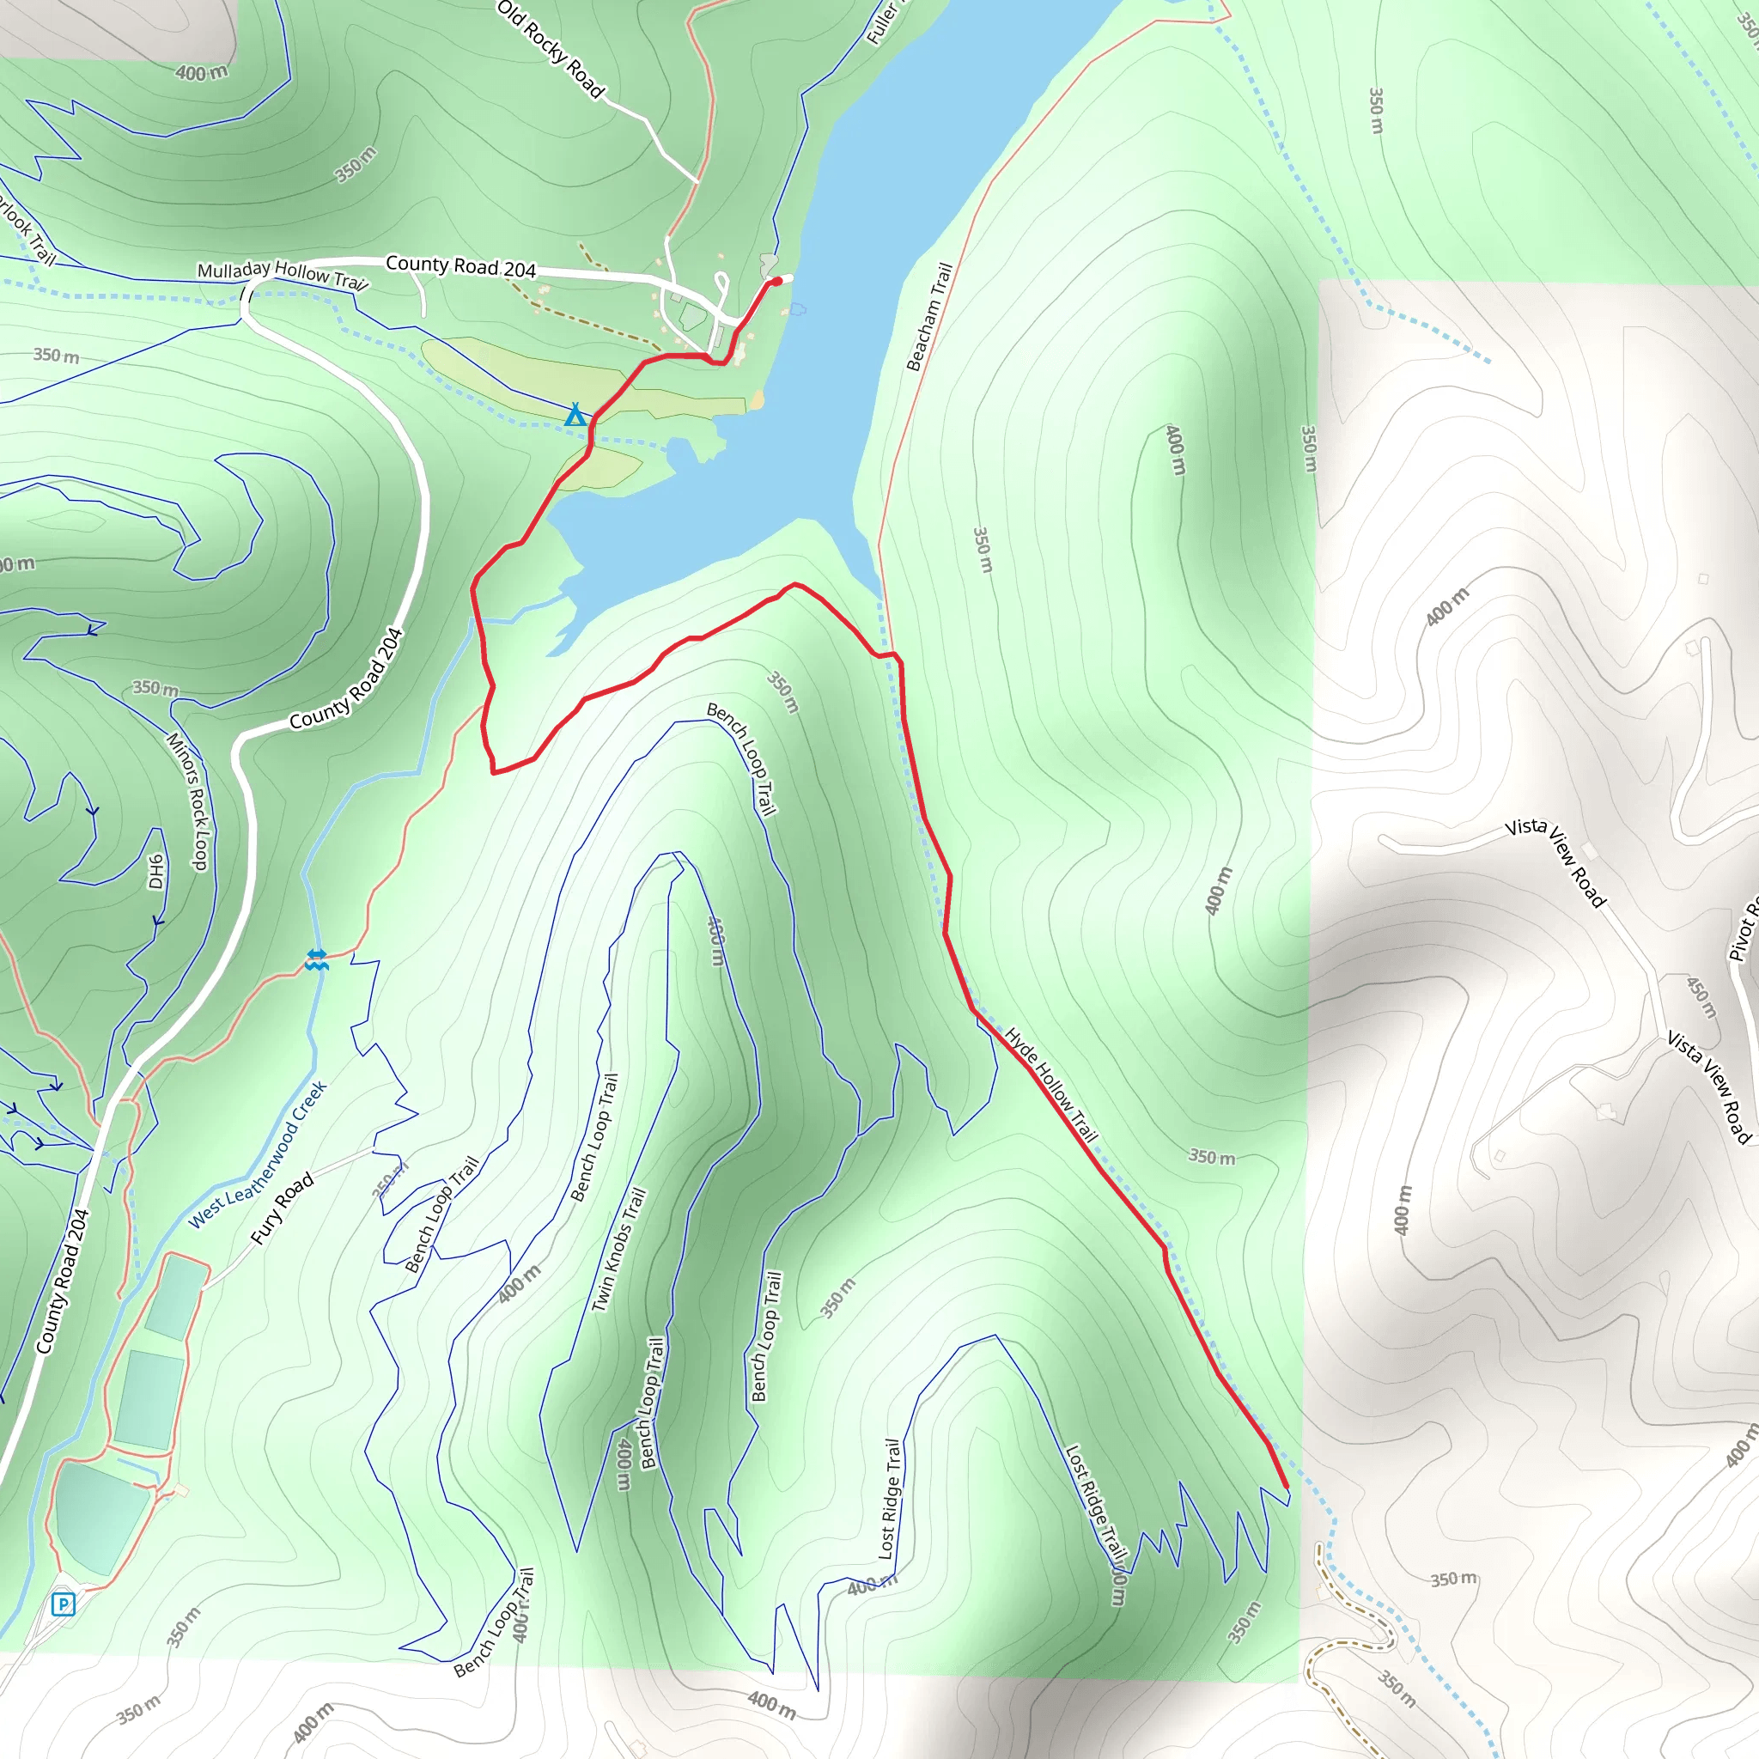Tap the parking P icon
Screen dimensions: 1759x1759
pyautogui.click(x=63, y=1604)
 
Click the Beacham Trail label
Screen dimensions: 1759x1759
pyautogui.click(x=929, y=316)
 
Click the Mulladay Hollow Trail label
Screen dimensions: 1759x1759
pyautogui.click(x=283, y=274)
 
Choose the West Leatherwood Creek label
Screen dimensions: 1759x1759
pyautogui.click(x=258, y=1154)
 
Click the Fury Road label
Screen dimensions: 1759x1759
pyautogui.click(x=283, y=1208)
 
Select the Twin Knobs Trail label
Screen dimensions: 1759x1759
pyautogui.click(x=619, y=1250)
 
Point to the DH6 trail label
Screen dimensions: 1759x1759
pyautogui.click(x=156, y=870)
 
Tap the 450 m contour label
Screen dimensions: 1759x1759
pyautogui.click(x=1701, y=997)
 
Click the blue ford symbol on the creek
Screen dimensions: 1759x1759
pyautogui.click(x=316, y=959)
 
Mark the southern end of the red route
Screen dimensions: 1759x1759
pyautogui.click(x=1287, y=1487)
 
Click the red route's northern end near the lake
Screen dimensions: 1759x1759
pyautogui.click(x=776, y=282)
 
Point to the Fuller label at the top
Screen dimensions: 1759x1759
pyautogui.click(x=881, y=23)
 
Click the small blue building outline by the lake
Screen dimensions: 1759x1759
pyautogui.click(x=798, y=309)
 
